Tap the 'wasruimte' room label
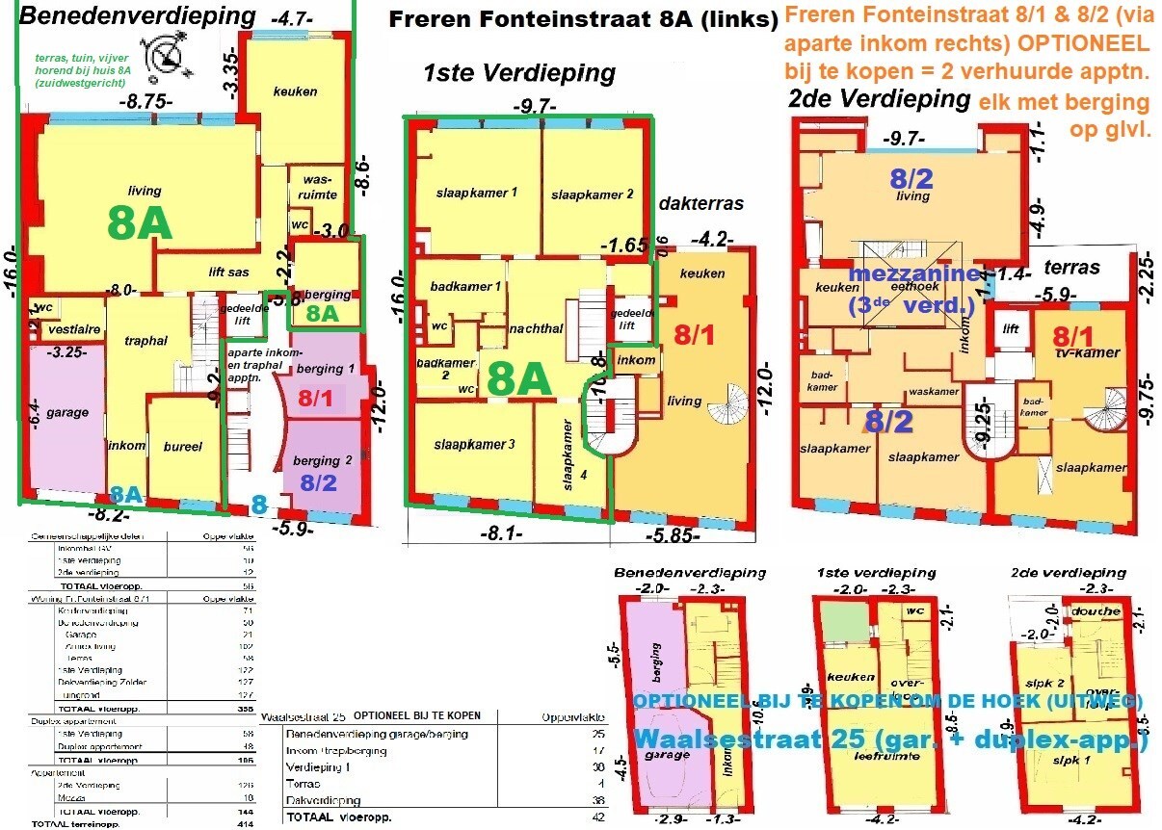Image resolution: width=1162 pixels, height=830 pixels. (320, 187)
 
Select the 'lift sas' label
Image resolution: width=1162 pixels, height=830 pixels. (228, 272)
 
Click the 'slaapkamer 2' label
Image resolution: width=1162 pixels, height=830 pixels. (592, 194)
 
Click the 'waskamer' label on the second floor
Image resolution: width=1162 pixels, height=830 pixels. (933, 392)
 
